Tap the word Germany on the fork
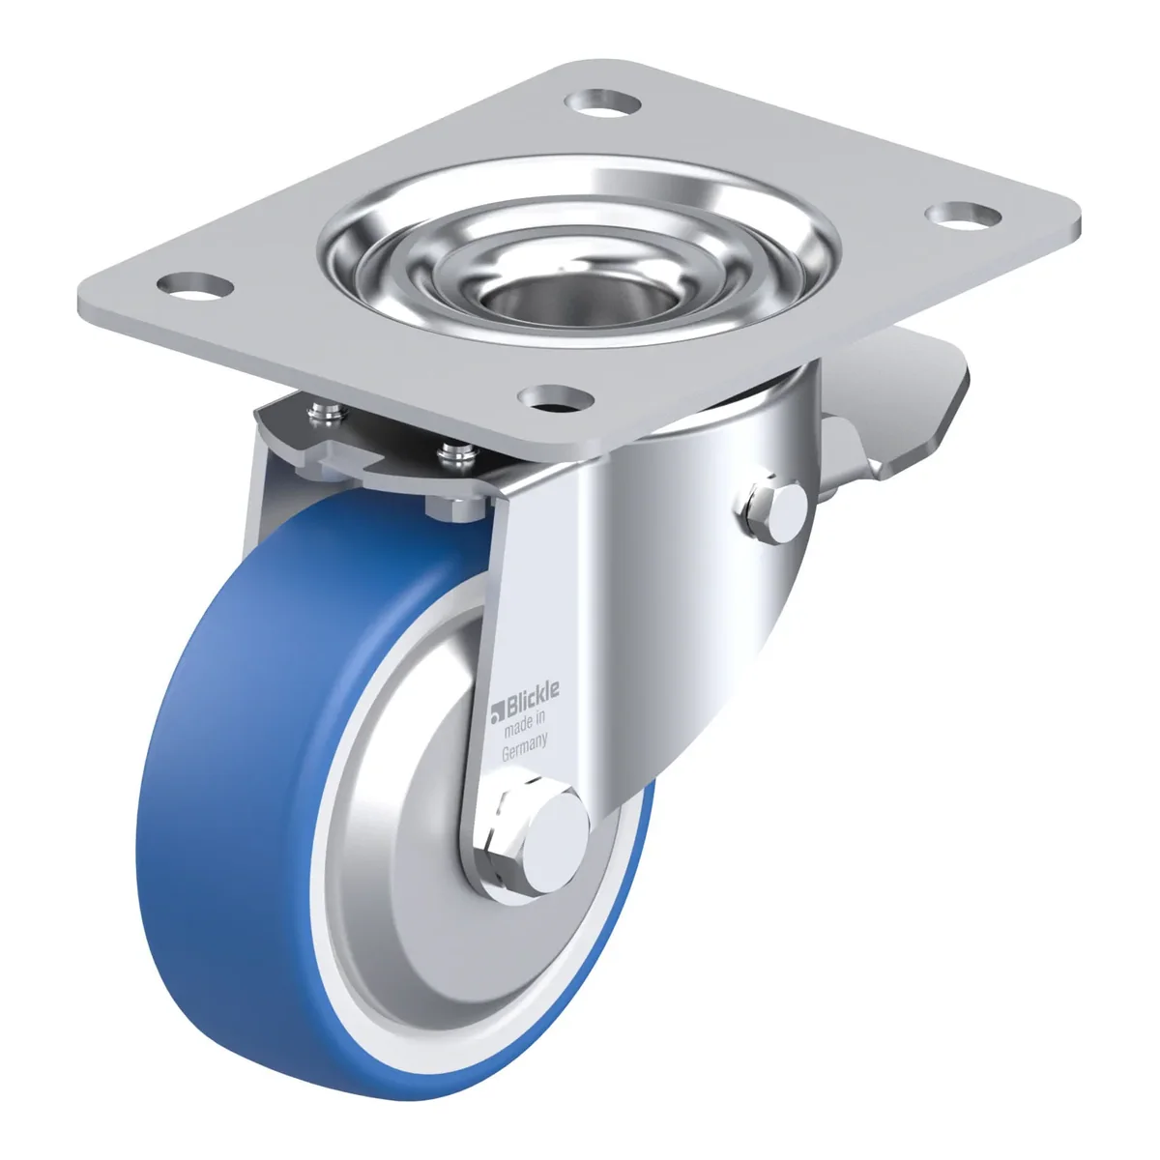point(524,748)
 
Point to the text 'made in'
point(525,724)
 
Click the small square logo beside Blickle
point(497,712)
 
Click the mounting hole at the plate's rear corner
point(605,102)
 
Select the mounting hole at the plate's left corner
point(195,285)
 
